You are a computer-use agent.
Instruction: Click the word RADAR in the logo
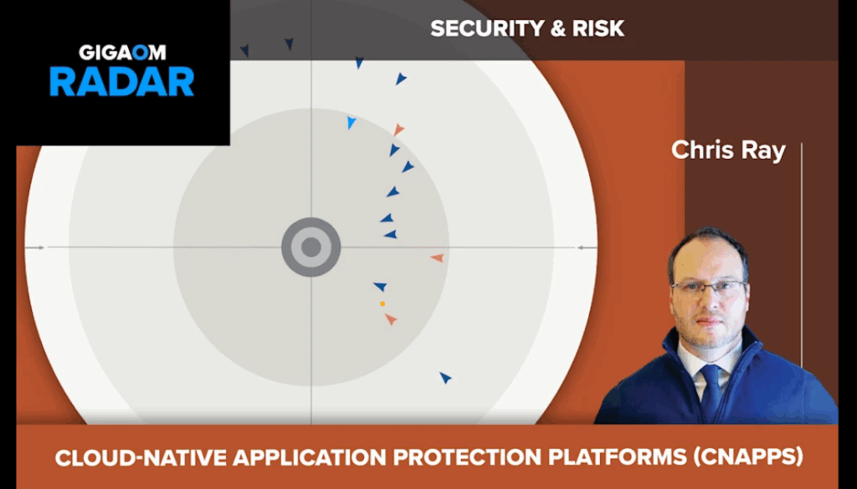click(x=122, y=82)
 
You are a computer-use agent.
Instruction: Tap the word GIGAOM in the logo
click(x=122, y=53)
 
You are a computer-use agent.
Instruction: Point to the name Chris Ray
click(x=728, y=150)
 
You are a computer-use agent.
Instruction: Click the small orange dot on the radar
click(x=382, y=303)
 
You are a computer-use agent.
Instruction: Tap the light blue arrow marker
click(x=351, y=122)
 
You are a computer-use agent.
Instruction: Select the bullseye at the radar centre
click(x=311, y=247)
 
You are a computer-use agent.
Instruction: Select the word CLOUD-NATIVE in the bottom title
click(x=141, y=458)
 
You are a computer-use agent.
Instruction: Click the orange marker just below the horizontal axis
click(x=437, y=257)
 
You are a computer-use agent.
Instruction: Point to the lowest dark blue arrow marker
click(x=445, y=377)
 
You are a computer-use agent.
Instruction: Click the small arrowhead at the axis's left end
click(x=40, y=247)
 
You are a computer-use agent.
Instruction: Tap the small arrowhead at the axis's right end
click(x=582, y=247)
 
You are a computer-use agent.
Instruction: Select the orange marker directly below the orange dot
click(x=391, y=319)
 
